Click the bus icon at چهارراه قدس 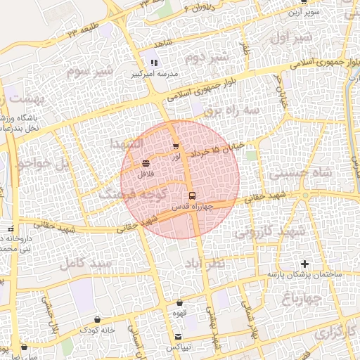193,195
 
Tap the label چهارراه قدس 192,207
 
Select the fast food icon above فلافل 146,163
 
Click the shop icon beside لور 175,146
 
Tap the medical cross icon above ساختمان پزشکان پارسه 304,264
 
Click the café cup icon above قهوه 180,303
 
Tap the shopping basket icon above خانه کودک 97,319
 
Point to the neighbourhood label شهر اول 290,38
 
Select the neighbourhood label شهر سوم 90,71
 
